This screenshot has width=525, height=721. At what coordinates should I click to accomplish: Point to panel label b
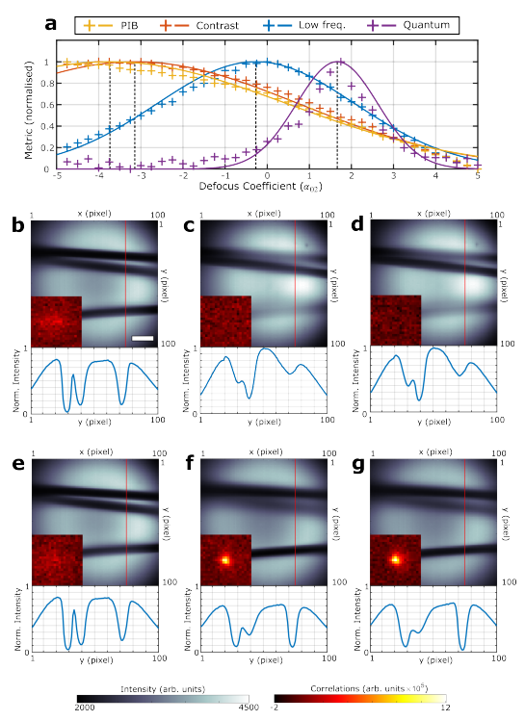(18, 226)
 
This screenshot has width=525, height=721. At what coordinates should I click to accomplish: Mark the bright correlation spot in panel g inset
(394, 557)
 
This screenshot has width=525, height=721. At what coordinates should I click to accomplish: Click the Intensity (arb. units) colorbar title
(164, 688)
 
